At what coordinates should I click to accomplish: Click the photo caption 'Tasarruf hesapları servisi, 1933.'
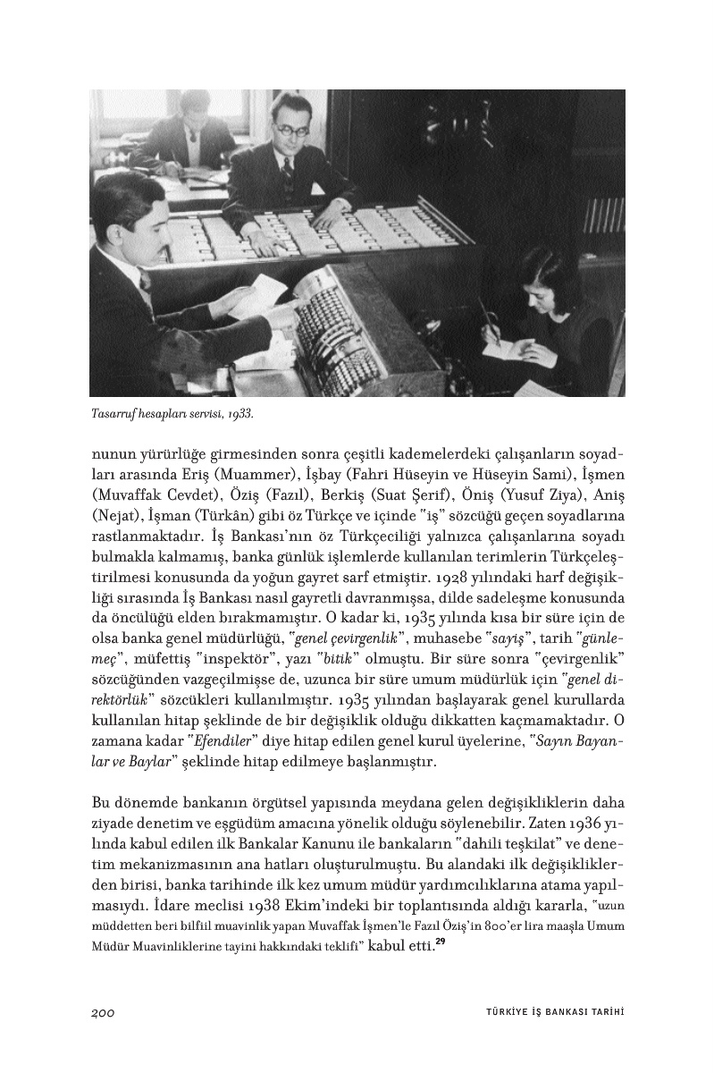[x=172, y=414]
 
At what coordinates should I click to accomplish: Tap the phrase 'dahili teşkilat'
[x=512, y=842]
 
